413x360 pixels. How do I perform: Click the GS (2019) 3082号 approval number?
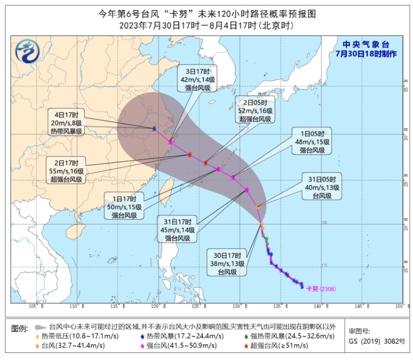[x=377, y=341]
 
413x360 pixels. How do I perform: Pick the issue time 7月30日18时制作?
[x=366, y=53]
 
